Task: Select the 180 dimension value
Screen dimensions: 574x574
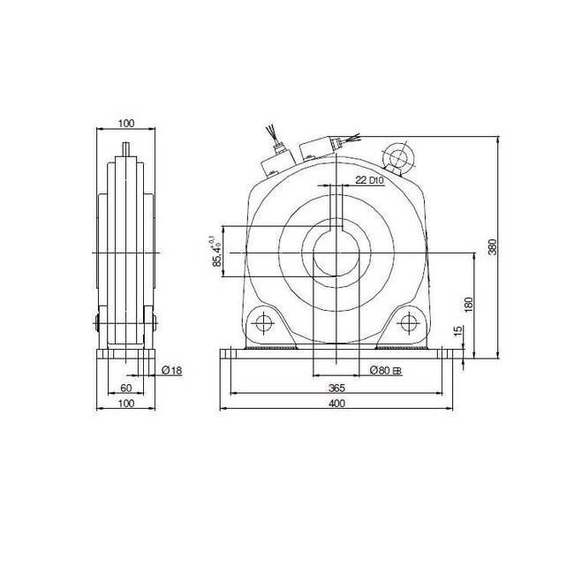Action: pos(468,305)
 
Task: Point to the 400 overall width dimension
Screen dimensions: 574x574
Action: pos(336,404)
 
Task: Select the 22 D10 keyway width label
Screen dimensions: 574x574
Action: pos(369,180)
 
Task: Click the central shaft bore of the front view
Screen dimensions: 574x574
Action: pos(335,256)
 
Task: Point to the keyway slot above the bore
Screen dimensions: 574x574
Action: pos(335,212)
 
